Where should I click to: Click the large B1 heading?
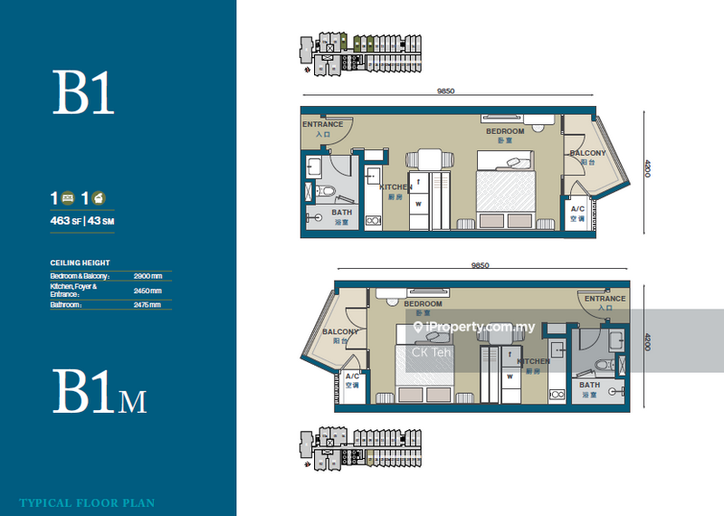83,94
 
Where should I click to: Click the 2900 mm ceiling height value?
147,275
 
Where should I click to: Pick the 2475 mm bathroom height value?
147,305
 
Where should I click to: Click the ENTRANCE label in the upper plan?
322,124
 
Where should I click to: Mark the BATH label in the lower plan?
589,385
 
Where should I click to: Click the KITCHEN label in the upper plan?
395,187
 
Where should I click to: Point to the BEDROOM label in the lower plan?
423,303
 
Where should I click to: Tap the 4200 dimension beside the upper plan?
648,169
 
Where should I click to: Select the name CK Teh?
432,353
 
